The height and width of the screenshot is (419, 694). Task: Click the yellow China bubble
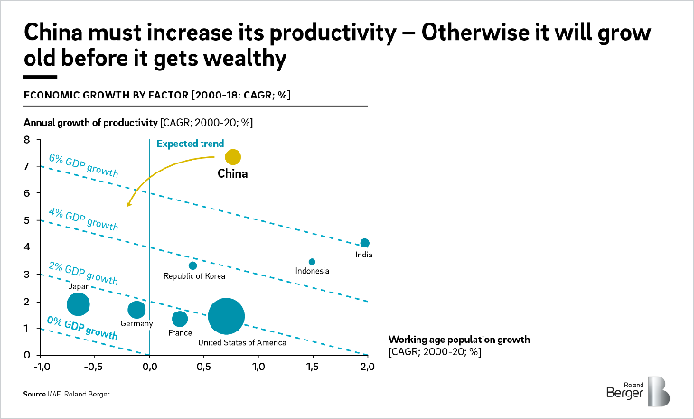point(232,157)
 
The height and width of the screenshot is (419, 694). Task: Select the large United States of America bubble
point(226,316)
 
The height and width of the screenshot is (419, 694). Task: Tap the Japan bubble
point(79,304)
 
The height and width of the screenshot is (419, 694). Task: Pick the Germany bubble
point(136,310)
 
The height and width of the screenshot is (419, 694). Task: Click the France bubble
point(180,319)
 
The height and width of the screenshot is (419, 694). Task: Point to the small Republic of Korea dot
point(192,265)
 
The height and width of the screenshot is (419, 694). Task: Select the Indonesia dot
point(312,262)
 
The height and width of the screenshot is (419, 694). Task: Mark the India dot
point(365,243)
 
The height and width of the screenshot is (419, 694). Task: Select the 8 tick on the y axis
point(27,140)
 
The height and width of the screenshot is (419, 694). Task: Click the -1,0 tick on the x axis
point(42,367)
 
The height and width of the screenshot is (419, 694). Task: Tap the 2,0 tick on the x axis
point(367,367)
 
